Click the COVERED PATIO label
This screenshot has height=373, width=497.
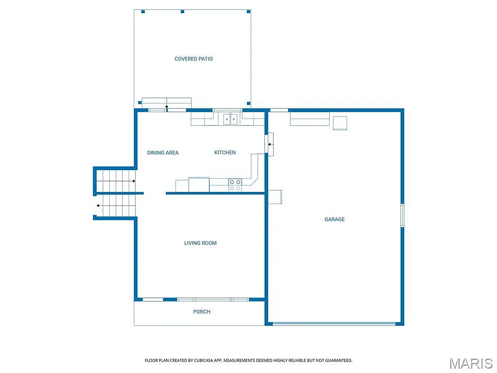(x=194, y=59)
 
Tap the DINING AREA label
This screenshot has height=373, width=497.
(x=163, y=153)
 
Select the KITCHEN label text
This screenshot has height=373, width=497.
(x=225, y=153)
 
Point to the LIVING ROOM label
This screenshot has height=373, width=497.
(x=200, y=243)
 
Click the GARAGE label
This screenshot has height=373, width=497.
(x=334, y=220)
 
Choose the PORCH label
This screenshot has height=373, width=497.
(x=202, y=312)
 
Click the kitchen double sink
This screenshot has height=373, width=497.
(x=230, y=119)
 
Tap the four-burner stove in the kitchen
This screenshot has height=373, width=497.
(x=235, y=185)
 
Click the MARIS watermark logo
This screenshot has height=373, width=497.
(x=470, y=364)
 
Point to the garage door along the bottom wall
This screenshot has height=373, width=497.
(x=334, y=323)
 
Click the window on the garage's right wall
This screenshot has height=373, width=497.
(x=402, y=215)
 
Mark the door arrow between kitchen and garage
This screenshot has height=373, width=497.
(x=270, y=144)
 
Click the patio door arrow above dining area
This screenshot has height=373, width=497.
(x=166, y=106)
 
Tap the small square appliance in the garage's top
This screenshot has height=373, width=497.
(x=340, y=123)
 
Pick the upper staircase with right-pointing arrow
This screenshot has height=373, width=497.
(x=116, y=181)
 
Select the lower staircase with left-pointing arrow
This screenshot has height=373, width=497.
(x=116, y=205)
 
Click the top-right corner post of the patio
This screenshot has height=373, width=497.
(x=249, y=11)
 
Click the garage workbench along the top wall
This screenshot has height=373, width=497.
(x=310, y=119)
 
